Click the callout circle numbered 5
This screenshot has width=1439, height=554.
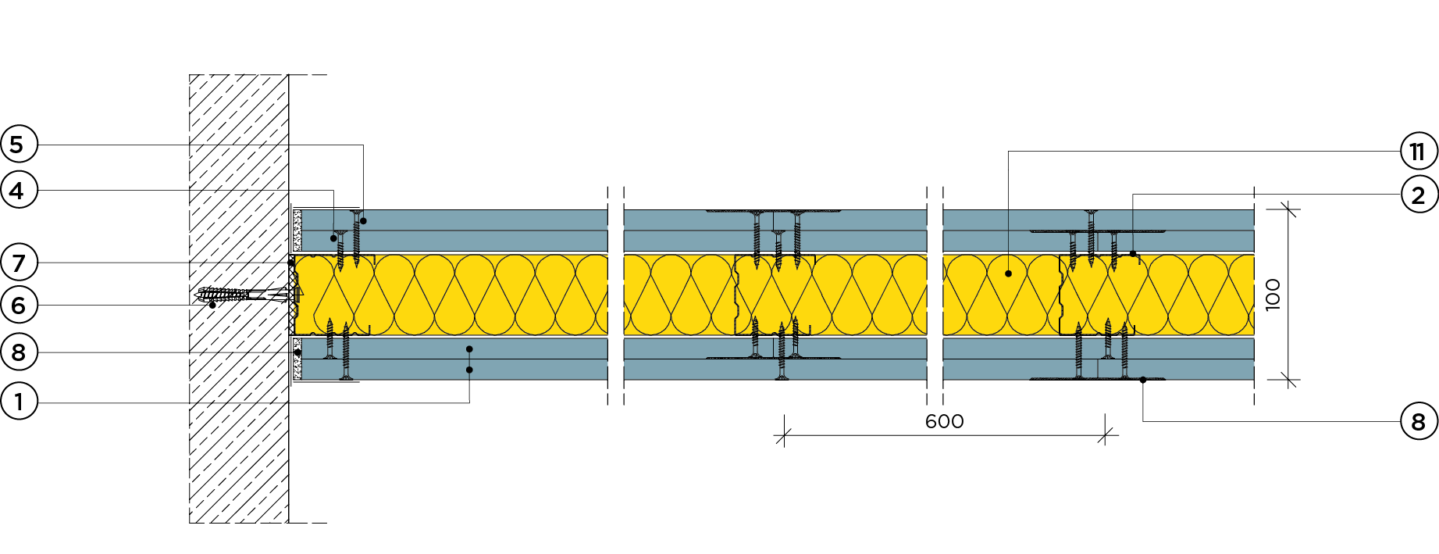click(17, 145)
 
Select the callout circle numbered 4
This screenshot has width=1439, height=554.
click(17, 190)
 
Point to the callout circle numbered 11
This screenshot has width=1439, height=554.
click(1418, 151)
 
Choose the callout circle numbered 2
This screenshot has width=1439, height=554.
click(1418, 195)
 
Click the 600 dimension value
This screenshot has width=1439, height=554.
click(944, 422)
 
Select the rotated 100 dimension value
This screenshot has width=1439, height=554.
click(1273, 295)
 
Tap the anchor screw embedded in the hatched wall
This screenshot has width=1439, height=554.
click(234, 295)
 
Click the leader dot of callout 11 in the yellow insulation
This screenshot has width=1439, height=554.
click(1008, 273)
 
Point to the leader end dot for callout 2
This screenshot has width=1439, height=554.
click(1133, 253)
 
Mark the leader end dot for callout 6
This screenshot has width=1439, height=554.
click(212, 304)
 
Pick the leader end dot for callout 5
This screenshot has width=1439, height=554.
click(363, 221)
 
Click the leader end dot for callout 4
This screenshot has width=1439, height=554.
click(333, 238)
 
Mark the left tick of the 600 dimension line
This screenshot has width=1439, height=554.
click(783, 436)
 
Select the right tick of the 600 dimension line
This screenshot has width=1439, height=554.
click(1105, 436)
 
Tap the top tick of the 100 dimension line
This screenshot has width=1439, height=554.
click(1288, 209)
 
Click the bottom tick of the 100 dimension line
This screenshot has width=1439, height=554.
click(1288, 381)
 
